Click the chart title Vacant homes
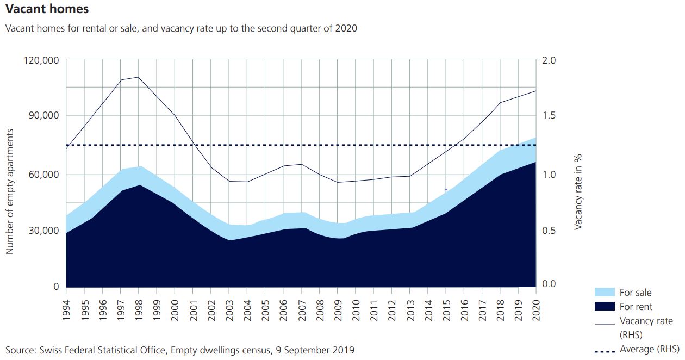47,9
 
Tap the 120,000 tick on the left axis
42,60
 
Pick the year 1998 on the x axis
139,309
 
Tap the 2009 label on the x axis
337,309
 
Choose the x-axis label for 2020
536,309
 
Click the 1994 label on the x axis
66,309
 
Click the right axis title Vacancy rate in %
578,191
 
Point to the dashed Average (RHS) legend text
649,349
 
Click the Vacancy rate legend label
646,321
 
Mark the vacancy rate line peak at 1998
138,77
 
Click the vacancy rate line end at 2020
536,91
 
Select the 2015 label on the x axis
446,309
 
